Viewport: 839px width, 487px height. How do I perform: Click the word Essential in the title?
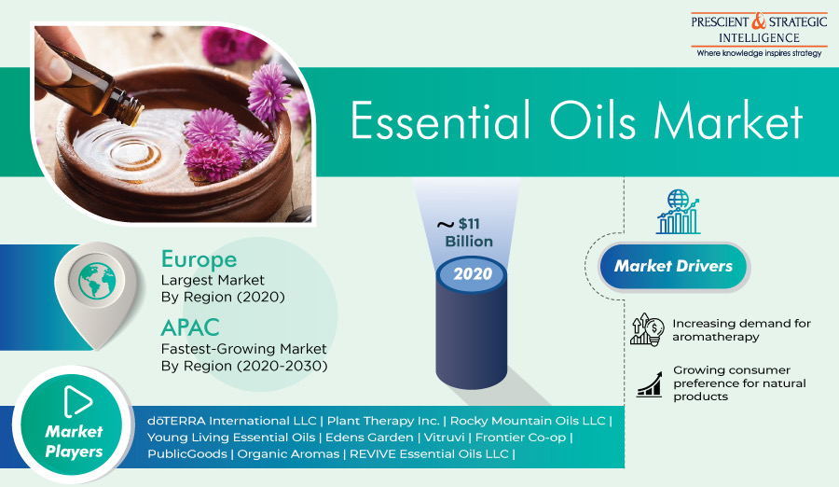(x=440, y=120)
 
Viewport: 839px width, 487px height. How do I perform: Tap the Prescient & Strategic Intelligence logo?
(x=759, y=35)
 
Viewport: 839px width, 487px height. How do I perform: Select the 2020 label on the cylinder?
(x=473, y=274)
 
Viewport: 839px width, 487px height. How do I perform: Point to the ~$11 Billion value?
(x=464, y=232)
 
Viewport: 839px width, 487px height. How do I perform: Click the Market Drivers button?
(x=674, y=266)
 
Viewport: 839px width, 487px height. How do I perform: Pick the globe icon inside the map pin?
(x=97, y=280)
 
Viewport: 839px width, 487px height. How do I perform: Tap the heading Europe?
(x=199, y=259)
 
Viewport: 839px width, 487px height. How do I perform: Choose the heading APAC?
(x=190, y=327)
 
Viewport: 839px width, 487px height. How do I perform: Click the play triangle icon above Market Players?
(x=77, y=401)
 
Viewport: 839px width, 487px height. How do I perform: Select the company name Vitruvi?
(x=444, y=438)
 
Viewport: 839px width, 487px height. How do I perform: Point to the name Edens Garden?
(x=369, y=438)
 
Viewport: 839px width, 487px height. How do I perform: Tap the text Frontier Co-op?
(x=520, y=438)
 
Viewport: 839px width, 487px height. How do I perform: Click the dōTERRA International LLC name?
(x=232, y=421)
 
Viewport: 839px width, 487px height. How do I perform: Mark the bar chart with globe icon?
(x=678, y=212)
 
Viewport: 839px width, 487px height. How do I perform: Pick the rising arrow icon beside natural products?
(x=649, y=384)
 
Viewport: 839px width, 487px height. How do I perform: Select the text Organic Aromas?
(x=288, y=454)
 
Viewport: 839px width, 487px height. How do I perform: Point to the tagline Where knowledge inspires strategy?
(x=759, y=53)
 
